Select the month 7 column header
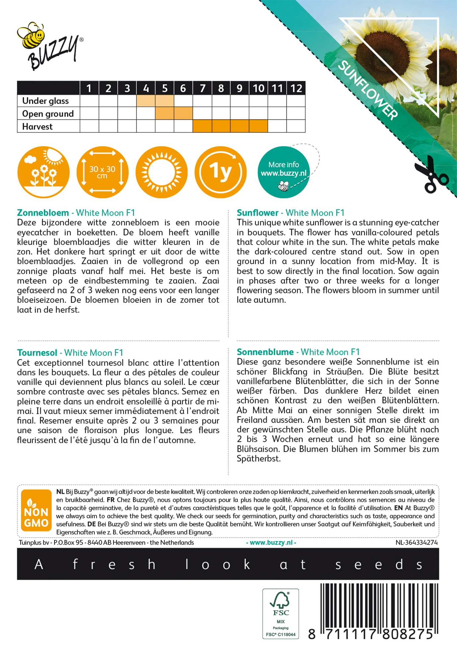tap(202, 88)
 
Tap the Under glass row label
tap(45, 101)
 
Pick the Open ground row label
tap(48, 114)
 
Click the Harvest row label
tap(37, 127)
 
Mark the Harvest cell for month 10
tap(258, 126)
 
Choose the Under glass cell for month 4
tap(146, 101)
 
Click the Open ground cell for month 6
tap(183, 113)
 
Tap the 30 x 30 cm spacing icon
tap(102, 172)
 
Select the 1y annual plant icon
tap(221, 172)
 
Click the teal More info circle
tap(284, 172)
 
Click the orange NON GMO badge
tap(36, 510)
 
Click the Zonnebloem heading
tap(43, 213)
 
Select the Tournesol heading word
tap(37, 353)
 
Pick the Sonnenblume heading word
tap(265, 352)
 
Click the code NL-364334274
tap(416, 542)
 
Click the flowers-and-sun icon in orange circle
tap(43, 172)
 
